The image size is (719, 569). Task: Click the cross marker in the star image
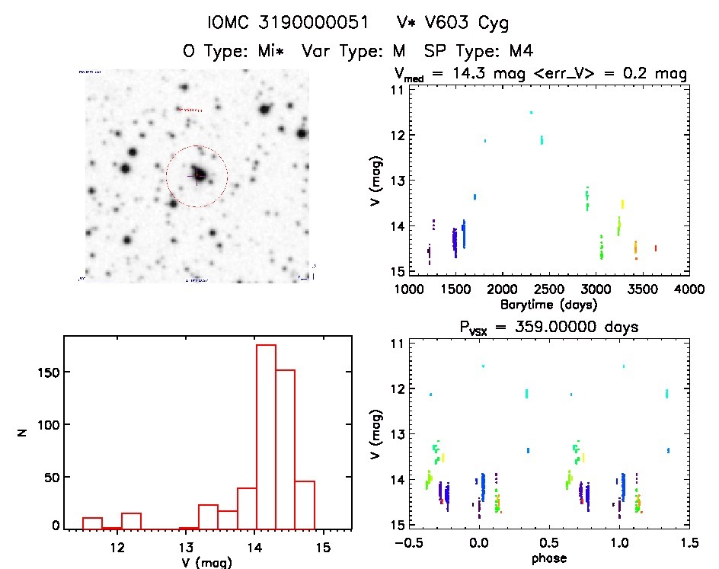click(197, 176)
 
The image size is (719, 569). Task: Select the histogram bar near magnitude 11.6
click(92, 523)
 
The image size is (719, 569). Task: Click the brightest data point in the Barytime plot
click(531, 113)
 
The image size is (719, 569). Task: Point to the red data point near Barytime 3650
click(655, 248)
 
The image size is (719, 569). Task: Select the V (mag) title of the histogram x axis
click(207, 563)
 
